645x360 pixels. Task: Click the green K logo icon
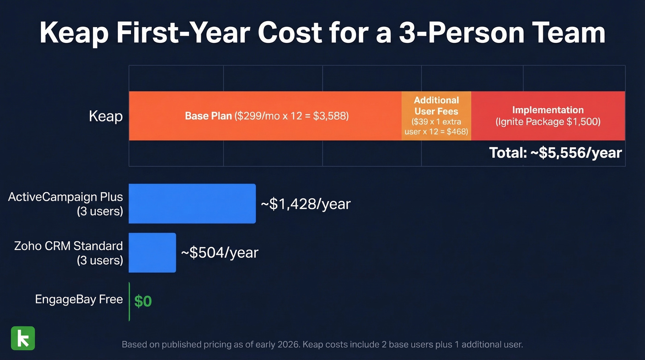click(23, 338)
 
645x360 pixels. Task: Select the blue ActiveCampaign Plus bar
click(192, 203)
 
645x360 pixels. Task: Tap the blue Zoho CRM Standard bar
click(152, 253)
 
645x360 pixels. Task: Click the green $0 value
click(143, 301)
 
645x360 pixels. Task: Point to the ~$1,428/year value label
click(306, 204)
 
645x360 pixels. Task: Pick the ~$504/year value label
click(220, 253)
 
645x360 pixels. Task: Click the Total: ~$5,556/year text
click(555, 153)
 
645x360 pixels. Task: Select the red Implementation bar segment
click(548, 116)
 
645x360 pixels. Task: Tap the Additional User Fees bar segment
click(436, 116)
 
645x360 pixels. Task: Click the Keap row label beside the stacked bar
click(106, 116)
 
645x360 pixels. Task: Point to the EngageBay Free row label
click(79, 299)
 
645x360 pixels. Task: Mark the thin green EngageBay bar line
click(129, 301)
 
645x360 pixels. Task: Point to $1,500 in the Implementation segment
click(584, 122)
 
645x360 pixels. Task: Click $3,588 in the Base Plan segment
click(331, 116)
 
